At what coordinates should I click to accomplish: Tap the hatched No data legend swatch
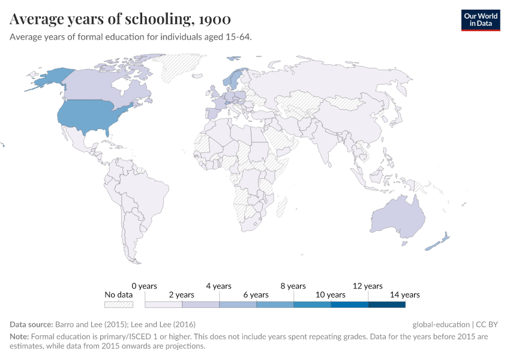tap(118, 304)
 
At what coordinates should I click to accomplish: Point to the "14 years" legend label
tap(405, 295)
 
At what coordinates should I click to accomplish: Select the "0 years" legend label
tap(144, 286)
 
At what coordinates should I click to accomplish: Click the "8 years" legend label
tap(293, 286)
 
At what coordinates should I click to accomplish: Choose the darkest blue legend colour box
tap(386, 304)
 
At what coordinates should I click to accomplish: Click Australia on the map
tap(398, 216)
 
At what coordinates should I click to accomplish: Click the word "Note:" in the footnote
tap(19, 337)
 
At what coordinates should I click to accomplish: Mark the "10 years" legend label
tap(331, 295)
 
